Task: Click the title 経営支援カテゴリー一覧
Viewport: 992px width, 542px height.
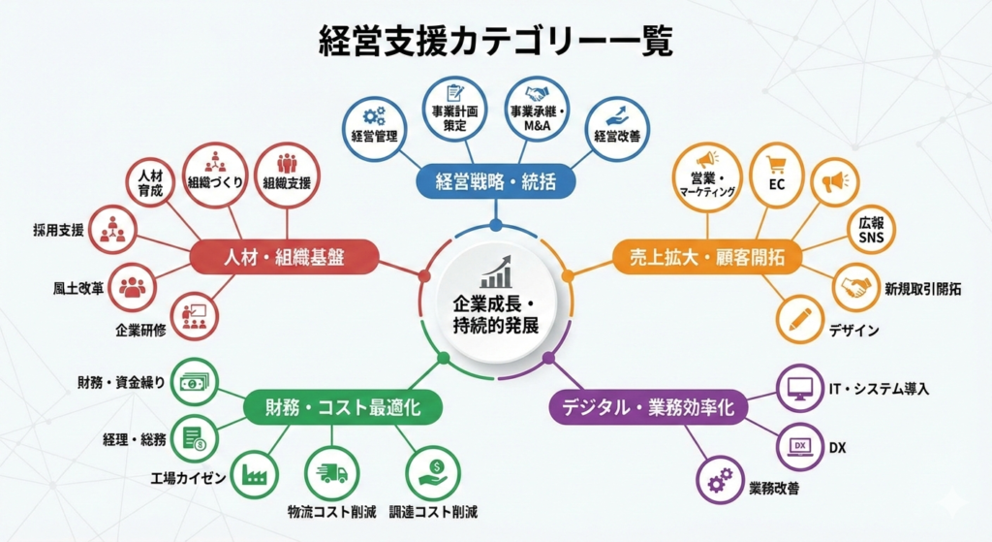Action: point(496,42)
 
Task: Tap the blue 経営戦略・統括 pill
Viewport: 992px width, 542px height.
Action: point(495,181)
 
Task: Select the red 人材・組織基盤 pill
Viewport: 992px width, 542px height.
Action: point(283,257)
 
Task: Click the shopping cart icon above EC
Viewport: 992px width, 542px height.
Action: point(776,164)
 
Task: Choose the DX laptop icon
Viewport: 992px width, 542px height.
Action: point(800,445)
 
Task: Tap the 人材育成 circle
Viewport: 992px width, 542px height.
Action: point(150,183)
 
